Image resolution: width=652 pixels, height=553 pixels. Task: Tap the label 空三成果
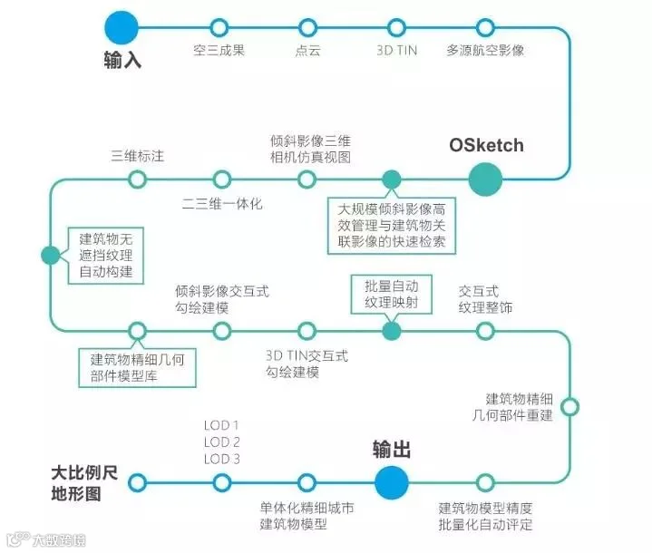[x=219, y=51]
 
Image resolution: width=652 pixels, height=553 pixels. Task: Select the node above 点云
[x=308, y=27]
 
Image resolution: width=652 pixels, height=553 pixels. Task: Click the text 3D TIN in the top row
[x=396, y=51]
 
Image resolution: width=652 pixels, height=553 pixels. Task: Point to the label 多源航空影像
[x=485, y=51]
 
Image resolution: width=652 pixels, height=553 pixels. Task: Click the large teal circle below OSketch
[x=485, y=179]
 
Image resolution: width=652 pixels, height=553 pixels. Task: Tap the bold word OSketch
[x=486, y=145]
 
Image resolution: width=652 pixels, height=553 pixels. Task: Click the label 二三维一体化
[x=221, y=204]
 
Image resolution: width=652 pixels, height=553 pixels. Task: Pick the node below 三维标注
[x=137, y=179]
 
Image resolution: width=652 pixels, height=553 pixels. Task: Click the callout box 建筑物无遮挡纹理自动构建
[x=106, y=255]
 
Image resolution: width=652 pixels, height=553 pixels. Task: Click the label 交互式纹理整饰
[x=485, y=299]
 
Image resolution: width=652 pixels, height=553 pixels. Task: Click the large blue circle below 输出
[x=392, y=481]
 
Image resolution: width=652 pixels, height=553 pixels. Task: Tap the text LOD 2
[x=222, y=442]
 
